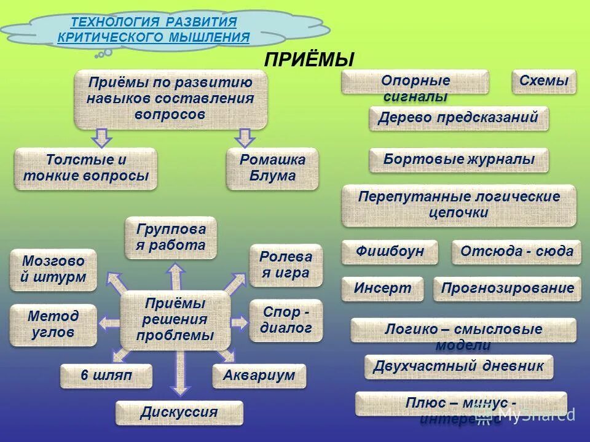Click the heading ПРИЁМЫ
pyautogui.click(x=309, y=60)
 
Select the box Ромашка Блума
pyautogui.click(x=272, y=168)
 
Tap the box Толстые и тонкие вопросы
pyautogui.click(x=85, y=168)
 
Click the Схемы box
pyautogui.click(x=544, y=81)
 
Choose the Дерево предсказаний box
pyautogui.click(x=458, y=118)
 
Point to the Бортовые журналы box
pyautogui.click(x=458, y=160)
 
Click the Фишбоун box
pyautogui.click(x=390, y=252)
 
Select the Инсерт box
pyautogui.click(x=382, y=289)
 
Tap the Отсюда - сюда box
pyautogui.click(x=516, y=252)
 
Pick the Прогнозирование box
pyautogui.click(x=507, y=289)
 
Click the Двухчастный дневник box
pyautogui.click(x=458, y=367)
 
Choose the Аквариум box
pyautogui.click(x=259, y=376)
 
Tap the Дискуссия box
pyautogui.click(x=179, y=413)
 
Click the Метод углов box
pyautogui.click(x=53, y=324)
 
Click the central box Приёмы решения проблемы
pyautogui.click(x=175, y=320)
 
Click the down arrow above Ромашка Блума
pyautogui.click(x=245, y=138)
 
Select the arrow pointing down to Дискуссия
pyautogui.click(x=179, y=373)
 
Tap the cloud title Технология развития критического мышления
pyautogui.click(x=154, y=29)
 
